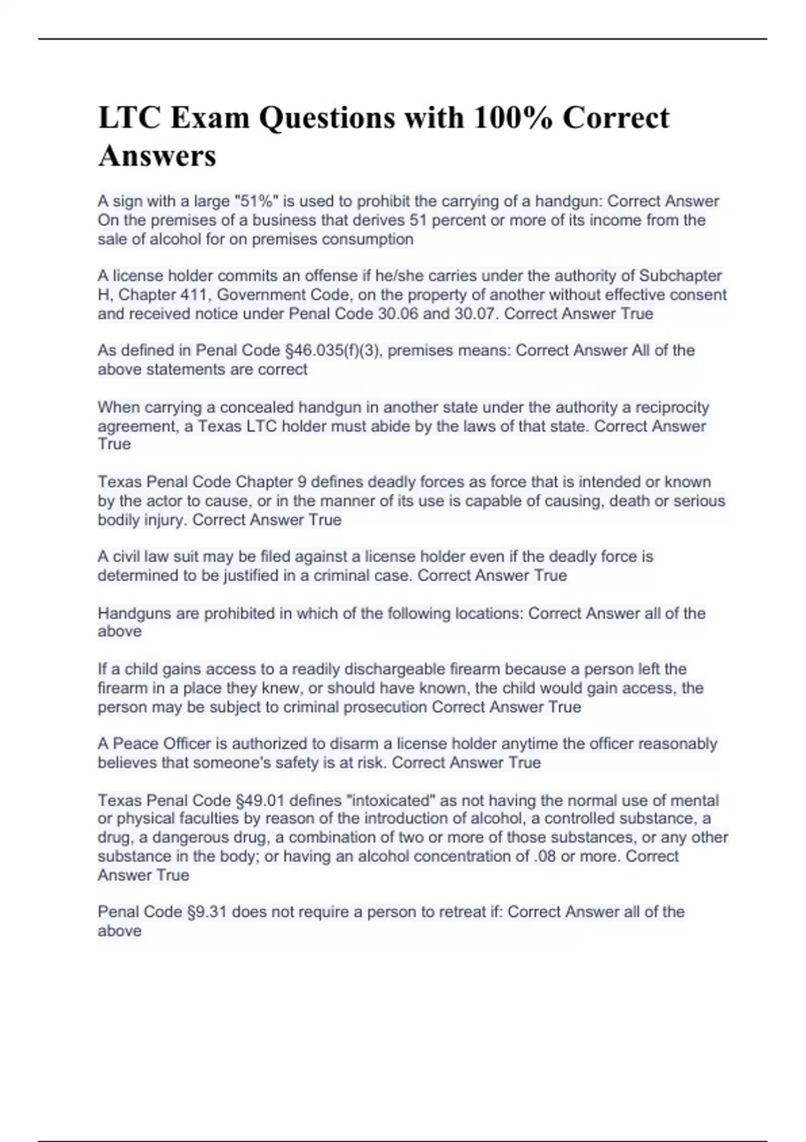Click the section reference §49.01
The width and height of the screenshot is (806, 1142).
tap(260, 800)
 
